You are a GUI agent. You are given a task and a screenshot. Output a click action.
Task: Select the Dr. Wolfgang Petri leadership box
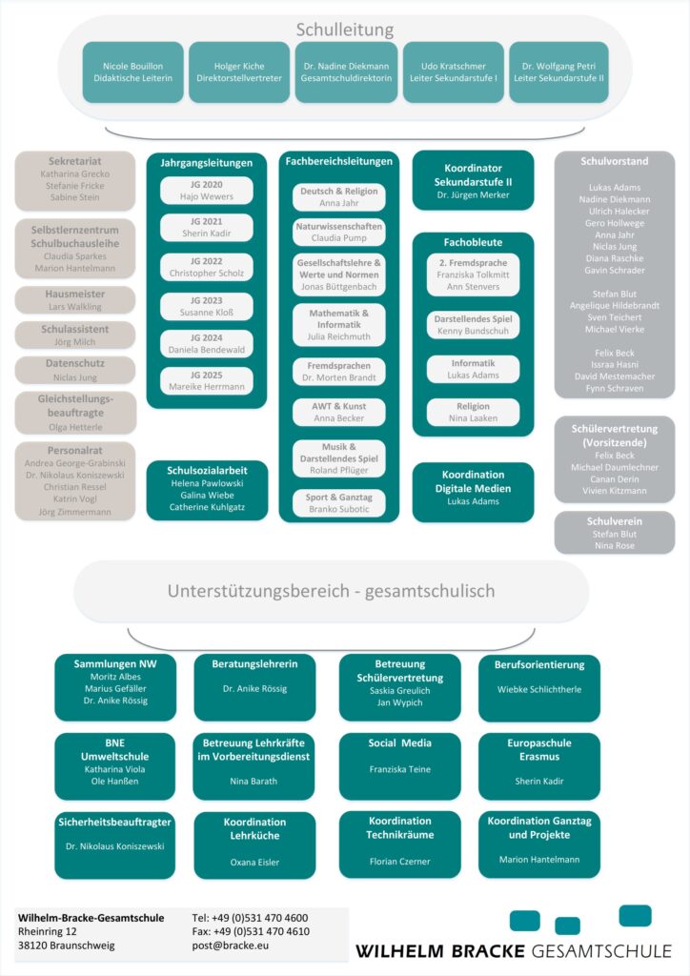558,72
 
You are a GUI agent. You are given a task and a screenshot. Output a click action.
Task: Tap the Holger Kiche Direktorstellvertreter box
238,72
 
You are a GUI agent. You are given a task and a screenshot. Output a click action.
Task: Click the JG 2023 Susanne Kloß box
207,306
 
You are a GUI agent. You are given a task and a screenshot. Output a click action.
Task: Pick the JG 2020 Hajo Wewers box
207,191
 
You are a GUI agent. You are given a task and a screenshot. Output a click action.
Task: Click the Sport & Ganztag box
338,503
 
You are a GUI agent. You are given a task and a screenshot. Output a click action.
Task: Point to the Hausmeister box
75,300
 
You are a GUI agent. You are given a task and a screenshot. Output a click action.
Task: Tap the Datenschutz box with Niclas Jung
75,370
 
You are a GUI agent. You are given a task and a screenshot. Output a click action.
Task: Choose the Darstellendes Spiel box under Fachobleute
473,324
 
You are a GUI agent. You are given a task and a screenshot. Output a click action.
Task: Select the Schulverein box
614,533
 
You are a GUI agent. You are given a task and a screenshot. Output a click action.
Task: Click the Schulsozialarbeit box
207,491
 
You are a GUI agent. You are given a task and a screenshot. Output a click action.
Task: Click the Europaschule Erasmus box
539,765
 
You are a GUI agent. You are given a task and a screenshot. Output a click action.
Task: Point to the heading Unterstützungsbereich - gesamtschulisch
331,591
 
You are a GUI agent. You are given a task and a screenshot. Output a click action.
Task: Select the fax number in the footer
251,931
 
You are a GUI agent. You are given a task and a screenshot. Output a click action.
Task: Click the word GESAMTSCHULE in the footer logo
600,951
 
